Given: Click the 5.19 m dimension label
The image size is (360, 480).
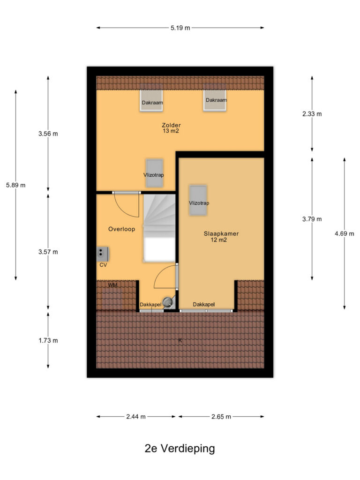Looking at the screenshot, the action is [180, 28].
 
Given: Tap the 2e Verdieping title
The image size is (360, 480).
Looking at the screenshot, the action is [180, 449].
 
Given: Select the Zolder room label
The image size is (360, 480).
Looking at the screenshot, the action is [171, 125].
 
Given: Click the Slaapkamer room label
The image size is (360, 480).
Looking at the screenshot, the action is [221, 233].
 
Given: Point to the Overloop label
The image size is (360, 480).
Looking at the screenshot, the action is [121, 229].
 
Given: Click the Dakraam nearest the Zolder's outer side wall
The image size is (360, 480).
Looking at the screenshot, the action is [215, 100].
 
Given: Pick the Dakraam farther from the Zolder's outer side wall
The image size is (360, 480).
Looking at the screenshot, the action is [151, 101].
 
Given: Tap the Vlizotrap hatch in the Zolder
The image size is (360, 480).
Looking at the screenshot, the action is [154, 173].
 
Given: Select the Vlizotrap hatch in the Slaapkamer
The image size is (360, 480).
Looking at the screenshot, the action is [198, 200].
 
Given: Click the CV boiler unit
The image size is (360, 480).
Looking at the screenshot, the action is [102, 254].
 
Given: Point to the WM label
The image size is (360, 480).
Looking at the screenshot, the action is [112, 285].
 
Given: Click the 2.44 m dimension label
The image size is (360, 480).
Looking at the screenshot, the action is [136, 417].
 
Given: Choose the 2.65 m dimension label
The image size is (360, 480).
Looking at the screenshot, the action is [221, 417].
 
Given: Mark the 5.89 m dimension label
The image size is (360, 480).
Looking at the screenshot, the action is [15, 185].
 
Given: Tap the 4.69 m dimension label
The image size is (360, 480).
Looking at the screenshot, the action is [345, 233].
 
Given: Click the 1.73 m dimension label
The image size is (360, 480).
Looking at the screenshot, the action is [48, 340].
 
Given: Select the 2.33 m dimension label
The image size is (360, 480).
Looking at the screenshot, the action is [312, 114].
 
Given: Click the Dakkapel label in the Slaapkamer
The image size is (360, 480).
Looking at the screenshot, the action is [203, 304].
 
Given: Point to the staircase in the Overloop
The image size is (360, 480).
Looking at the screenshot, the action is [159, 228].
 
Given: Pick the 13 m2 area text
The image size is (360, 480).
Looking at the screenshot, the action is [171, 131].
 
